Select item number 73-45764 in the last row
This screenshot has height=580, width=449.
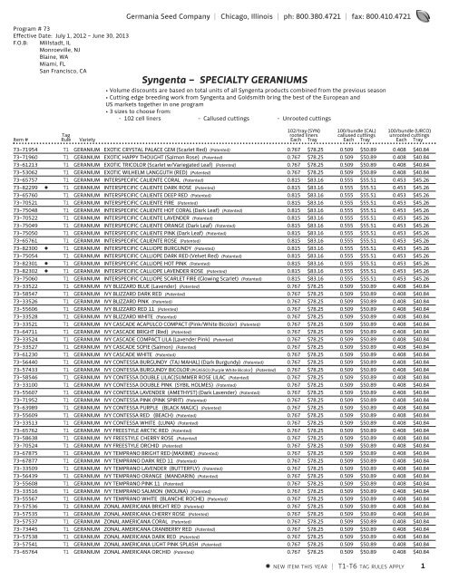(x=17, y=551)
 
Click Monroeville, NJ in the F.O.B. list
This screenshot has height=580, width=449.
(x=59, y=38)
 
